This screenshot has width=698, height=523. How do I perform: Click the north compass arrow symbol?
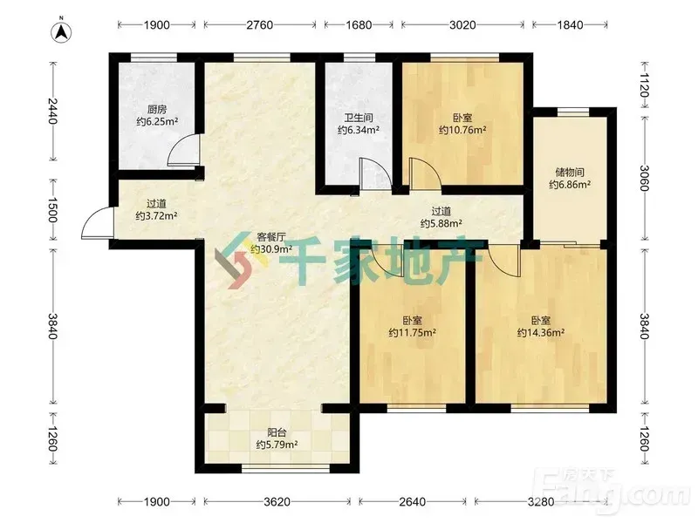pos(62,31)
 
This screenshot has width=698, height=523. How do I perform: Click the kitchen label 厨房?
pos(157,109)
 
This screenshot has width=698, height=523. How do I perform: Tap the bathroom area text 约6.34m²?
pos(359,130)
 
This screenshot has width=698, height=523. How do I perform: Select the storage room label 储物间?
pos(570,172)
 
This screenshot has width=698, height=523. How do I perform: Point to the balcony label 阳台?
pos(277,432)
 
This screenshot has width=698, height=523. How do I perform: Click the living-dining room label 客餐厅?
pos(270,237)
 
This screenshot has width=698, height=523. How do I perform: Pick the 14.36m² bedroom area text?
pos(541,333)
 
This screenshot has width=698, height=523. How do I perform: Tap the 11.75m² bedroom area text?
pos(412,333)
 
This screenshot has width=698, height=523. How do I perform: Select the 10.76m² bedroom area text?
pos(462,130)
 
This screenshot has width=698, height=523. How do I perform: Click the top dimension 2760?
pos(260,25)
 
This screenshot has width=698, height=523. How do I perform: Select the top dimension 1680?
pos(359,25)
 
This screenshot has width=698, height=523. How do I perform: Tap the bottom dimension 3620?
pos(277,502)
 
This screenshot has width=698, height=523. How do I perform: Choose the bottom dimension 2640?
pos(412,502)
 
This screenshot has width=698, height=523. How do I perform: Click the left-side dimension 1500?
pos(52,209)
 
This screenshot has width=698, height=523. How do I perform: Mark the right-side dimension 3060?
pos(645,178)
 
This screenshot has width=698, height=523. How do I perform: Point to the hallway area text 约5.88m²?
pos(441,223)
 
